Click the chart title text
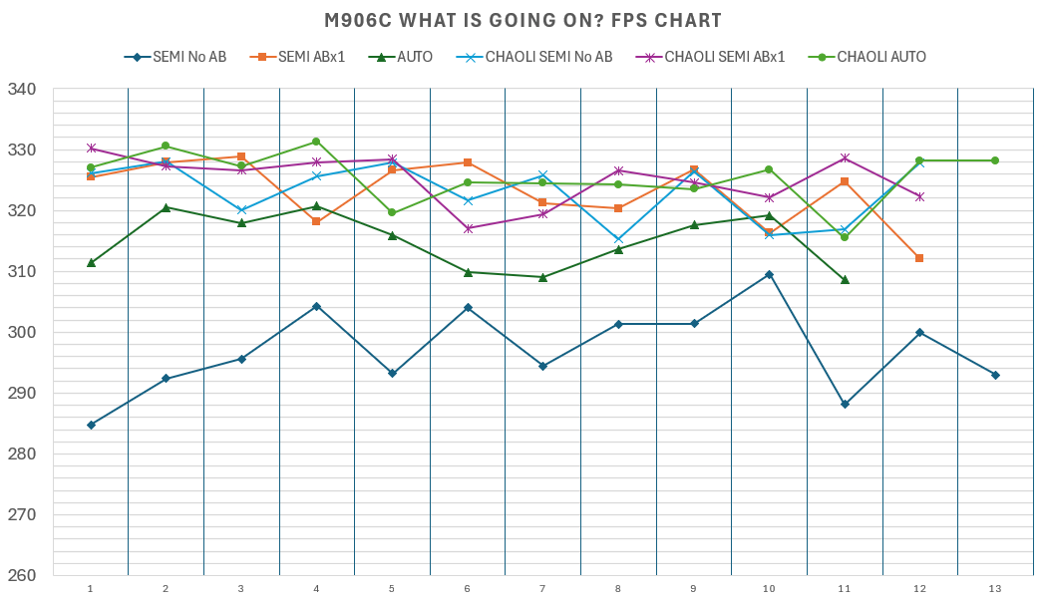[522, 20]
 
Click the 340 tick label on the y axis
[21, 90]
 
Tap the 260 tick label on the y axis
[21, 575]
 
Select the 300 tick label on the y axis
[21, 332]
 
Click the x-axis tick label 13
[995, 589]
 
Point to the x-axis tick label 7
[542, 589]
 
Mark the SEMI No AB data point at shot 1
[91, 425]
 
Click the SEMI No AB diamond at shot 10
[769, 274]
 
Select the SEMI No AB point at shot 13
[995, 375]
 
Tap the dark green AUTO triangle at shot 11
[845, 280]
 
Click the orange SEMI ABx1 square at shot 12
[919, 258]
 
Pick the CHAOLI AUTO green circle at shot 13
[995, 160]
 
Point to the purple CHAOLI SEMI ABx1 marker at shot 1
[91, 149]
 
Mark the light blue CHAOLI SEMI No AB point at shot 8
[618, 239]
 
